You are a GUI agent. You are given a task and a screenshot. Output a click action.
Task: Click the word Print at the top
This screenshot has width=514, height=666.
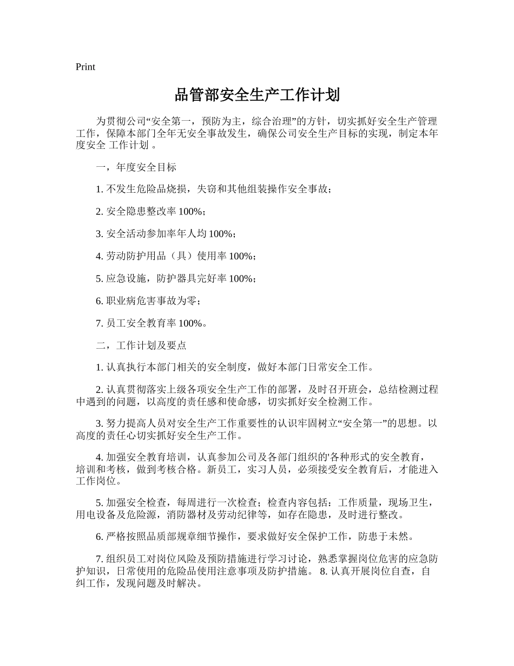tap(85, 67)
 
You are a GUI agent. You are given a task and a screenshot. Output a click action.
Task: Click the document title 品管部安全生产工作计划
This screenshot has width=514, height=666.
tap(257, 95)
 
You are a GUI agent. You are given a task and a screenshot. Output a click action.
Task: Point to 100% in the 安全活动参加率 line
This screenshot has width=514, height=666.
tap(221, 234)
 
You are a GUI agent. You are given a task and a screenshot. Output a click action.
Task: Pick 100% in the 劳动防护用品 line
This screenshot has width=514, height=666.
tap(241, 256)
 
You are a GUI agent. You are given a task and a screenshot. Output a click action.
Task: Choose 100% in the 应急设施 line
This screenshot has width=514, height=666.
tap(241, 278)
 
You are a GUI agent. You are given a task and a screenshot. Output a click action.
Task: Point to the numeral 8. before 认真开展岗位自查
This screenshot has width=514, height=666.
tap(324, 572)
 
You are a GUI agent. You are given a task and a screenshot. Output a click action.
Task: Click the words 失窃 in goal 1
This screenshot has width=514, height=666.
tap(202, 190)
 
